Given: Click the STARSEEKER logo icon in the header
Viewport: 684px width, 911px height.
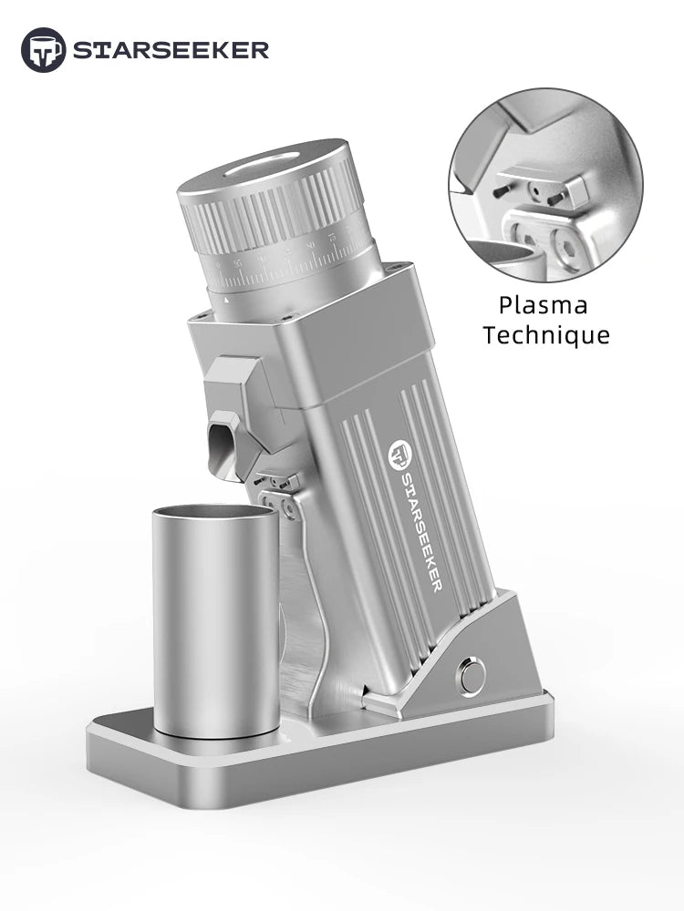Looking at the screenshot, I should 43,49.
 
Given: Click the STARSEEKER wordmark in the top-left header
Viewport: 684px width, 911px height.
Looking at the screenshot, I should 171,50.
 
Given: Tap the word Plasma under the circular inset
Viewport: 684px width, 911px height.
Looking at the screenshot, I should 543,305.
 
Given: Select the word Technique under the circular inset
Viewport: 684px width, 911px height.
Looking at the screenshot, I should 545,335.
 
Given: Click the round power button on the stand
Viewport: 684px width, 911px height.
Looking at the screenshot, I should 472,676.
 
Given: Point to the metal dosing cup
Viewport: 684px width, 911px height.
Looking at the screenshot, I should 216,619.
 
